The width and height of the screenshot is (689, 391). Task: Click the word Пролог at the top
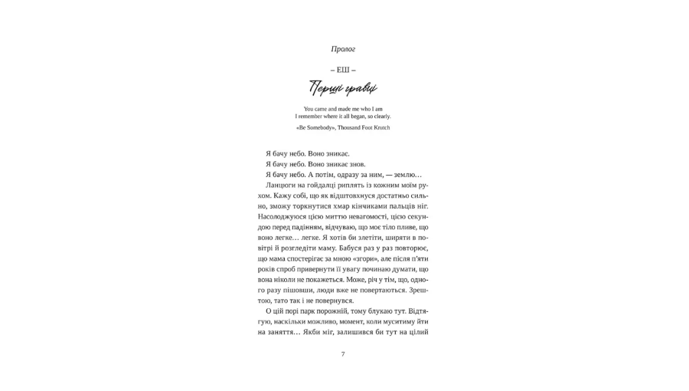click(343, 49)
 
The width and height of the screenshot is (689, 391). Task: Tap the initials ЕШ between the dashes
click(343, 70)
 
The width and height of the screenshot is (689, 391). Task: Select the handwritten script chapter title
click(343, 89)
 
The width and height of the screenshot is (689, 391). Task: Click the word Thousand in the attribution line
click(352, 128)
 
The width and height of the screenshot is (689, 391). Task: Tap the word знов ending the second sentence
click(358, 164)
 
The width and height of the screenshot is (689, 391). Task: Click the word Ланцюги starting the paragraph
click(281, 186)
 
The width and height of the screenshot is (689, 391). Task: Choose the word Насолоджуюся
click(284, 217)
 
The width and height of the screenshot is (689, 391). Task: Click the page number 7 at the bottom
click(343, 354)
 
